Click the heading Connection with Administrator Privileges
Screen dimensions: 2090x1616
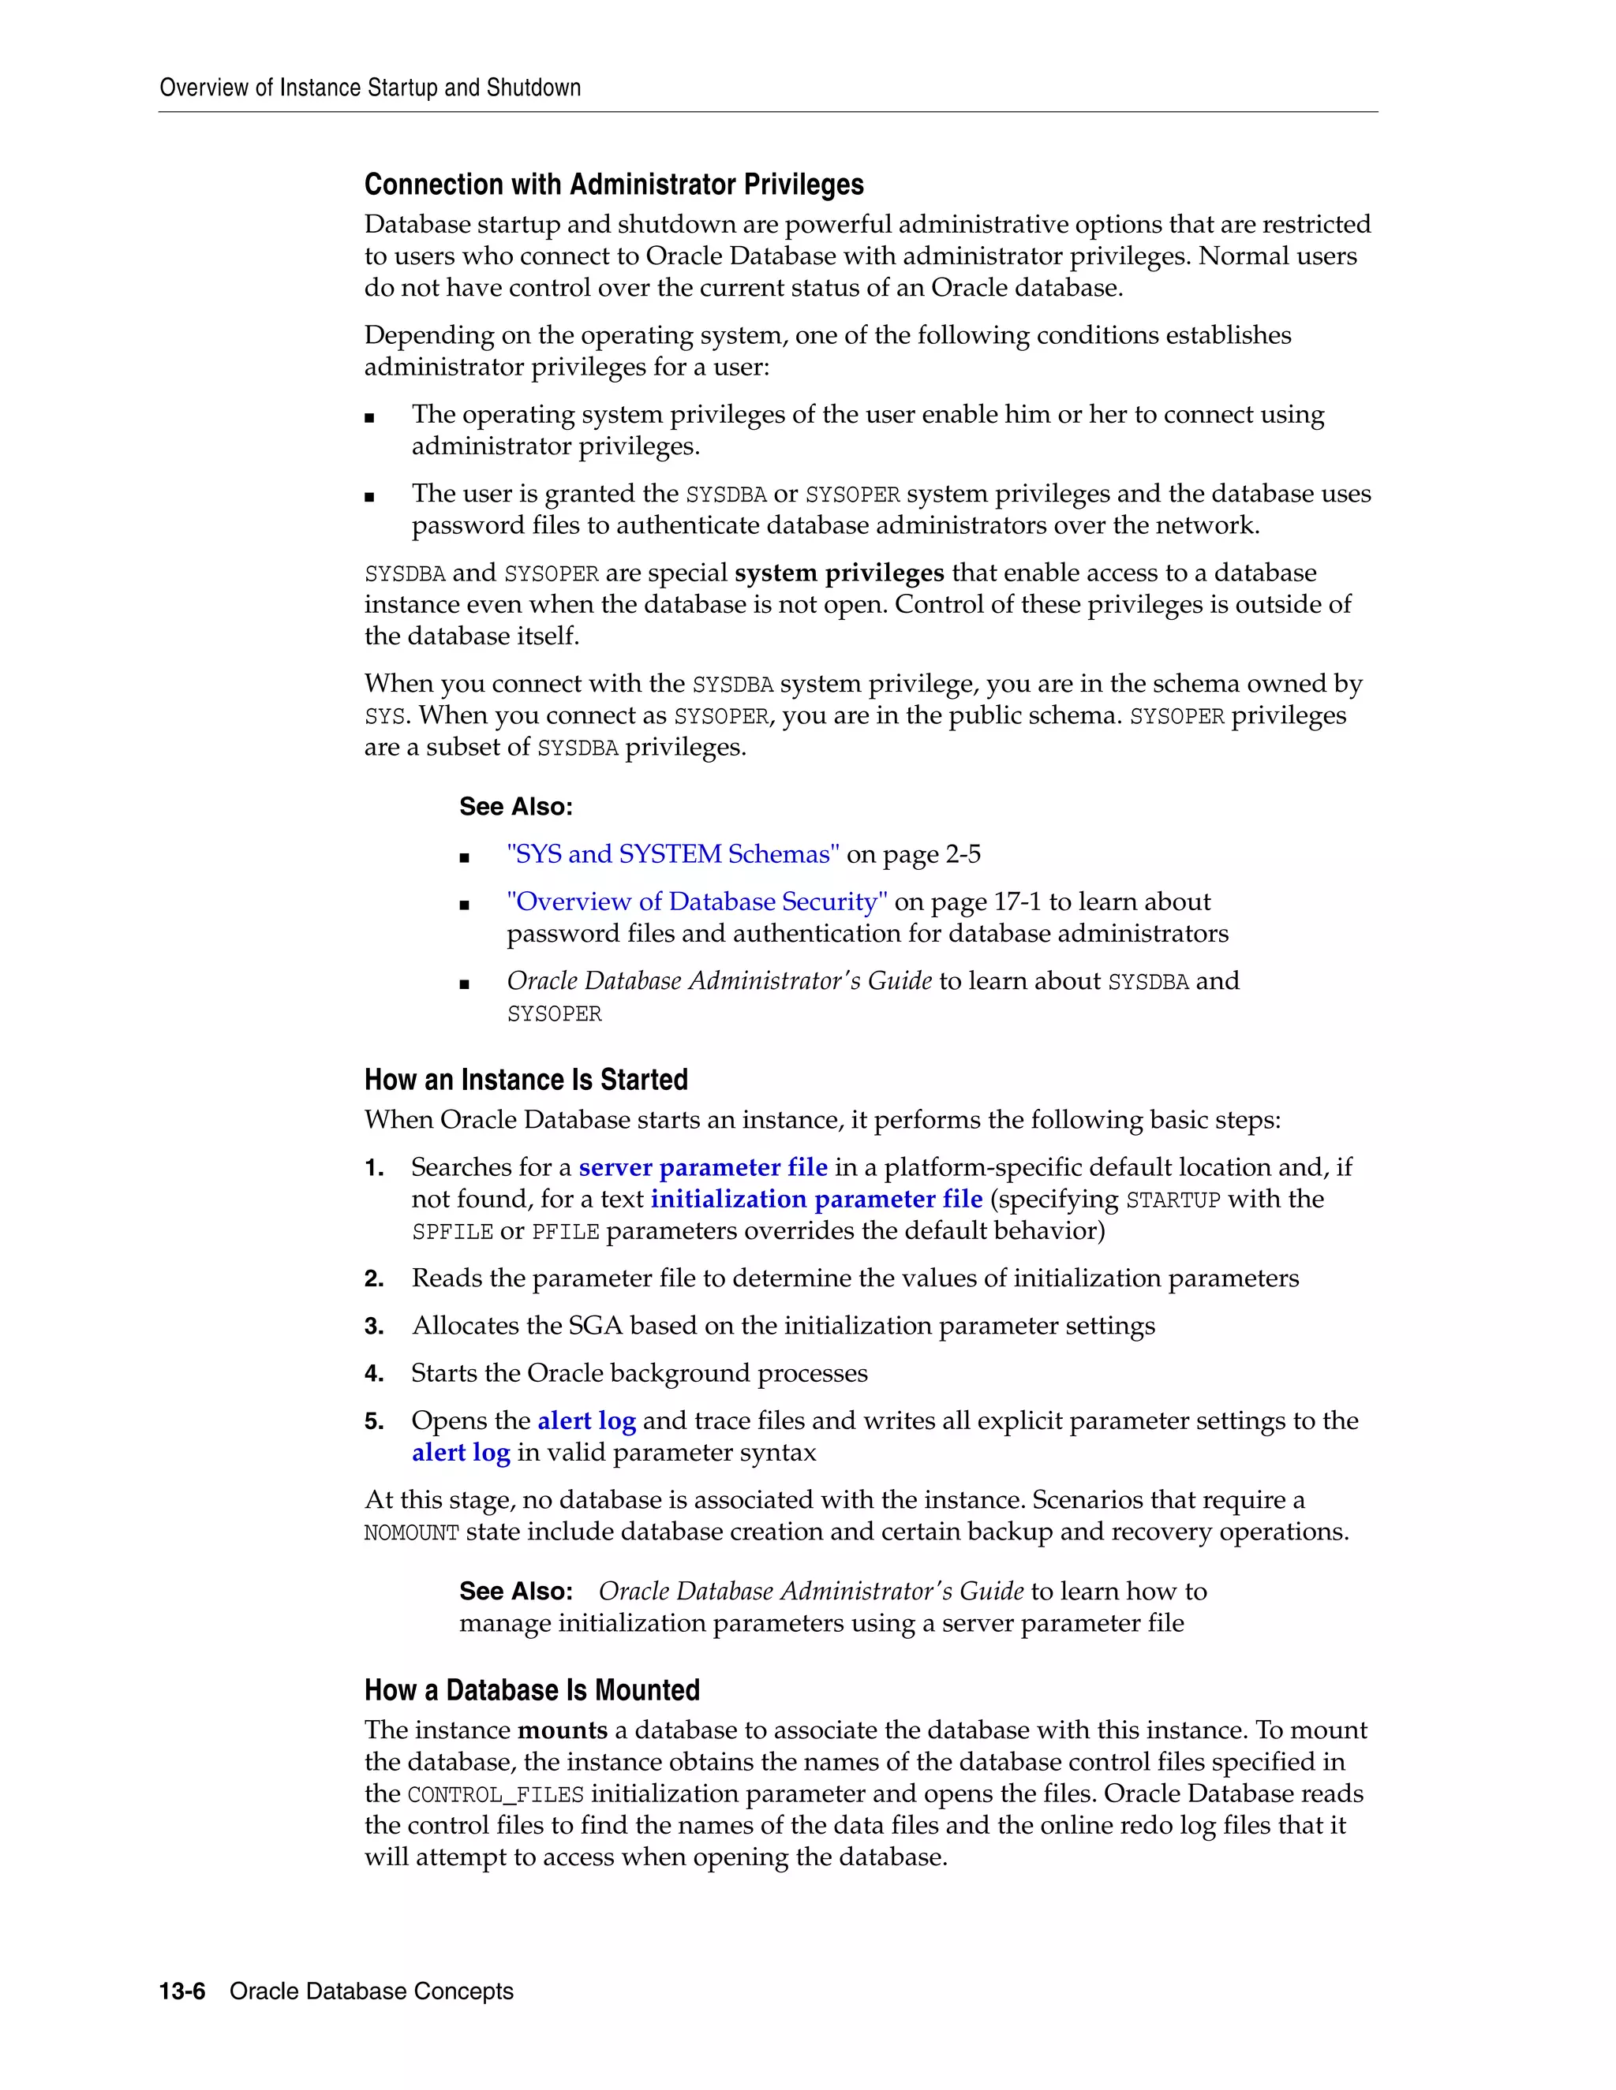pyautogui.click(x=614, y=185)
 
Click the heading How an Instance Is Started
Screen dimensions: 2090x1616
pyautogui.click(x=526, y=1080)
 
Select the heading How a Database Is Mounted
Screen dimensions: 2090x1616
pyautogui.click(x=531, y=1690)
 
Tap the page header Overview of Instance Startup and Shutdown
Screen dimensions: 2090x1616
pyautogui.click(x=369, y=88)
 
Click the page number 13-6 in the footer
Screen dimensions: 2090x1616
pyautogui.click(x=182, y=1991)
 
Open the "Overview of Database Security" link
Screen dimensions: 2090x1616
pyautogui.click(x=697, y=901)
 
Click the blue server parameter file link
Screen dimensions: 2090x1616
pyautogui.click(x=703, y=1167)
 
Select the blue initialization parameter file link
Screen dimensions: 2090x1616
pyautogui.click(x=817, y=1199)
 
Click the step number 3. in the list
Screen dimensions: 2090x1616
pyautogui.click(x=373, y=1327)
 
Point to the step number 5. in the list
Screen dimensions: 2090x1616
pyautogui.click(x=373, y=1421)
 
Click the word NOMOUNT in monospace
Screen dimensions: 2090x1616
pyautogui.click(x=412, y=1533)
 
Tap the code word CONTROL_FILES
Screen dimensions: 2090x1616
pyautogui.click(x=495, y=1794)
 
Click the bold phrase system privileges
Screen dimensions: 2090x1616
pyautogui.click(x=839, y=573)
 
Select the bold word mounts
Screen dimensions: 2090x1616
pyautogui.click(x=562, y=1730)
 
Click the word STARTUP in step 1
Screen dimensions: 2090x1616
pyautogui.click(x=1173, y=1200)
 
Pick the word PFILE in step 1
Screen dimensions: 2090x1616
pyautogui.click(x=565, y=1232)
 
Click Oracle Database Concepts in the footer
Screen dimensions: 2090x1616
pyautogui.click(x=372, y=1991)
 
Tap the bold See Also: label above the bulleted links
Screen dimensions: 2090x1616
pyautogui.click(x=515, y=807)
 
